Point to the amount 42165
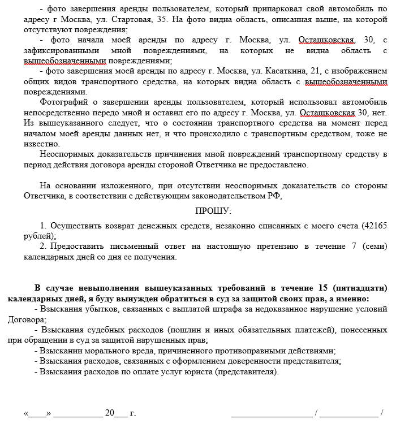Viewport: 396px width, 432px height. point(375,225)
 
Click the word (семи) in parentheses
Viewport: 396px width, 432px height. point(375,246)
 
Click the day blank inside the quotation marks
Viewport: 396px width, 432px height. point(37,413)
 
